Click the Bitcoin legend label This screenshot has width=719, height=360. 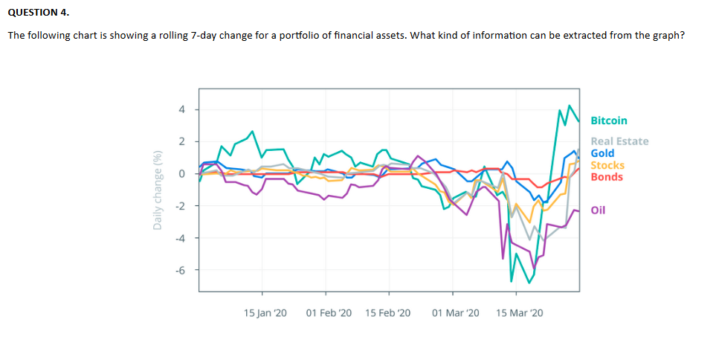tap(608, 120)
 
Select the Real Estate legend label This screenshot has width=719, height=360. tap(619, 141)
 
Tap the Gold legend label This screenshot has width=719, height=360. tap(602, 153)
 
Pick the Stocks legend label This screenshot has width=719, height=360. tap(607, 165)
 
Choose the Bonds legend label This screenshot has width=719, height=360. tap(607, 177)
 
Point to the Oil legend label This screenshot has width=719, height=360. tap(598, 210)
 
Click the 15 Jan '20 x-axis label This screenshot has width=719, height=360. tap(265, 312)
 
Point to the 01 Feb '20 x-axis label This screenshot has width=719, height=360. tap(329, 312)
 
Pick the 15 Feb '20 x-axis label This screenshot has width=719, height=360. tap(388, 312)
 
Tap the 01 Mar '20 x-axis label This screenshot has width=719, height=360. tap(455, 312)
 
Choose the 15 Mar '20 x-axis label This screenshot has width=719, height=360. tap(519, 312)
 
